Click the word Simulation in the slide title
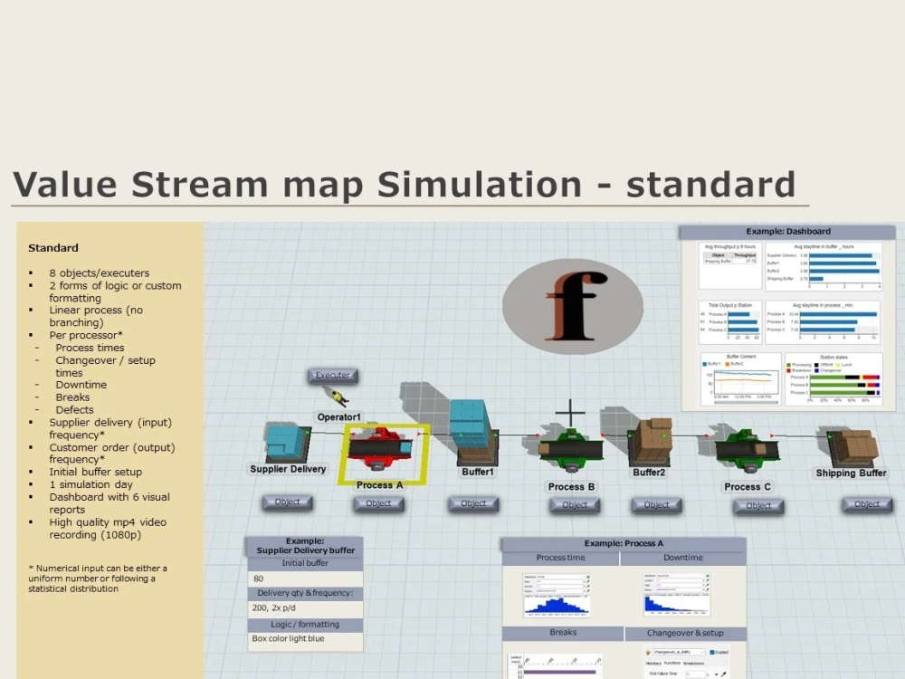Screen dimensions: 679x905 tap(479, 184)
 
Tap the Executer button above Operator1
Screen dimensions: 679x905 tap(332, 376)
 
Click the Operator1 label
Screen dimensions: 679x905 tap(338, 417)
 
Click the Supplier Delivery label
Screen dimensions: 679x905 tap(288, 469)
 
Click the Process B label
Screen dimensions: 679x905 tap(571, 486)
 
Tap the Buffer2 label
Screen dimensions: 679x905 tap(649, 473)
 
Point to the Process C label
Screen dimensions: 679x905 tap(748, 486)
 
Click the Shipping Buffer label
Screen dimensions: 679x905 tap(851, 473)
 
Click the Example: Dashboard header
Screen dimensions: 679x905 tap(787, 232)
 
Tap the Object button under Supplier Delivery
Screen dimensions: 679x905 tap(287, 502)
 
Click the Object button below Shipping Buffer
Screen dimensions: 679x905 tap(866, 504)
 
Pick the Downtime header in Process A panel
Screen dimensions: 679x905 tap(682, 559)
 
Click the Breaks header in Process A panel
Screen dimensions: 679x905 tap(562, 633)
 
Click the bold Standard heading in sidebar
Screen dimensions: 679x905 tap(52, 248)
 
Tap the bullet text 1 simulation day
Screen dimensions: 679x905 tap(90, 484)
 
